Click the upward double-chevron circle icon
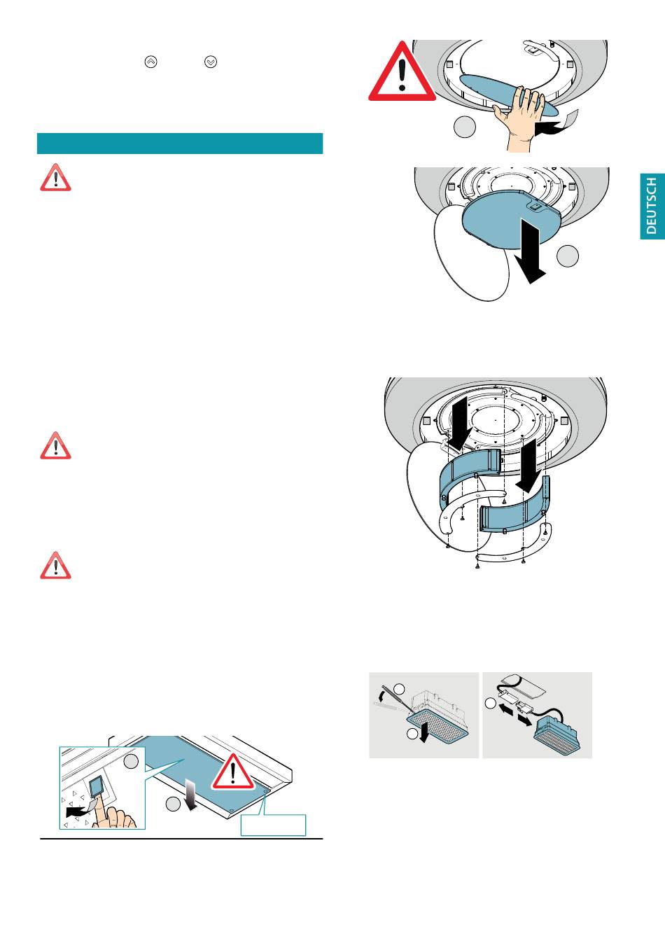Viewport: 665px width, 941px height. click(150, 62)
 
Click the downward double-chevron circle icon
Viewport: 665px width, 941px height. click(211, 62)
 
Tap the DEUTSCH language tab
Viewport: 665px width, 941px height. click(652, 207)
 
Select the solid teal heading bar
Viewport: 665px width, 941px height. click(180, 144)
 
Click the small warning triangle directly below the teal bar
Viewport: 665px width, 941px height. click(55, 178)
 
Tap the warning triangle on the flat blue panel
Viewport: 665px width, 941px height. click(232, 772)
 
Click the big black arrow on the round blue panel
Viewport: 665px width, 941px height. click(529, 251)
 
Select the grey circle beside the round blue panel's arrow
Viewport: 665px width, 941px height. click(568, 256)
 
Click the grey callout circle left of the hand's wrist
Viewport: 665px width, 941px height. click(465, 127)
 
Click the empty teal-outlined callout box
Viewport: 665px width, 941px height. click(273, 825)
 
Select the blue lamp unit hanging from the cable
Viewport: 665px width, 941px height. click(556, 736)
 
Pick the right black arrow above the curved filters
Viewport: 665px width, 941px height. click(529, 466)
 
